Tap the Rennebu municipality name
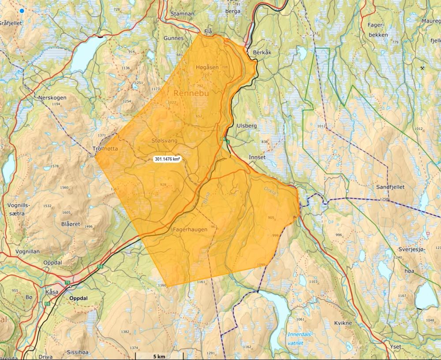(x=191, y=93)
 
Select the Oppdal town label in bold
(x=78, y=298)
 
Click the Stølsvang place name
(x=164, y=140)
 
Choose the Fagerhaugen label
(x=190, y=229)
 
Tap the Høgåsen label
(x=207, y=67)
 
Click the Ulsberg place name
(x=247, y=126)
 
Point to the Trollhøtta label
(x=105, y=148)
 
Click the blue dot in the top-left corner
(x=21, y=11)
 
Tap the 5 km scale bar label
(x=159, y=356)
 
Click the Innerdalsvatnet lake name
(x=299, y=338)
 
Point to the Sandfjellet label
(x=390, y=187)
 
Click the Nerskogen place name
(x=52, y=97)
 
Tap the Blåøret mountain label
(x=71, y=224)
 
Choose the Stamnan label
(x=183, y=14)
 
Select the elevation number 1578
(x=54, y=166)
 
